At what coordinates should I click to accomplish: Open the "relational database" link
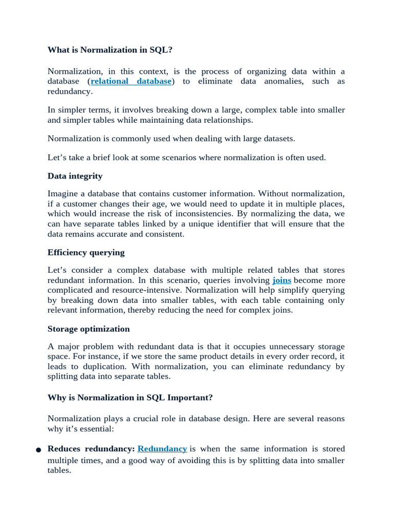(131, 81)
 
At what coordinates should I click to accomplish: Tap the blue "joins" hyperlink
(281, 280)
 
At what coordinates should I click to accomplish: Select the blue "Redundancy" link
(162, 449)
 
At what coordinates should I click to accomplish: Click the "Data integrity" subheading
(75, 176)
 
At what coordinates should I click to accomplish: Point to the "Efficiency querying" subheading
(86, 253)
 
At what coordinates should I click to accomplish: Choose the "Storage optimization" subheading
(89, 329)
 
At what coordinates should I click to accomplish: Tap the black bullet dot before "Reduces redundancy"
(38, 450)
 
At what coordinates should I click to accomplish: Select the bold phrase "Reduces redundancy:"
(91, 449)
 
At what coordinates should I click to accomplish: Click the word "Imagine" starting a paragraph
(64, 193)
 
